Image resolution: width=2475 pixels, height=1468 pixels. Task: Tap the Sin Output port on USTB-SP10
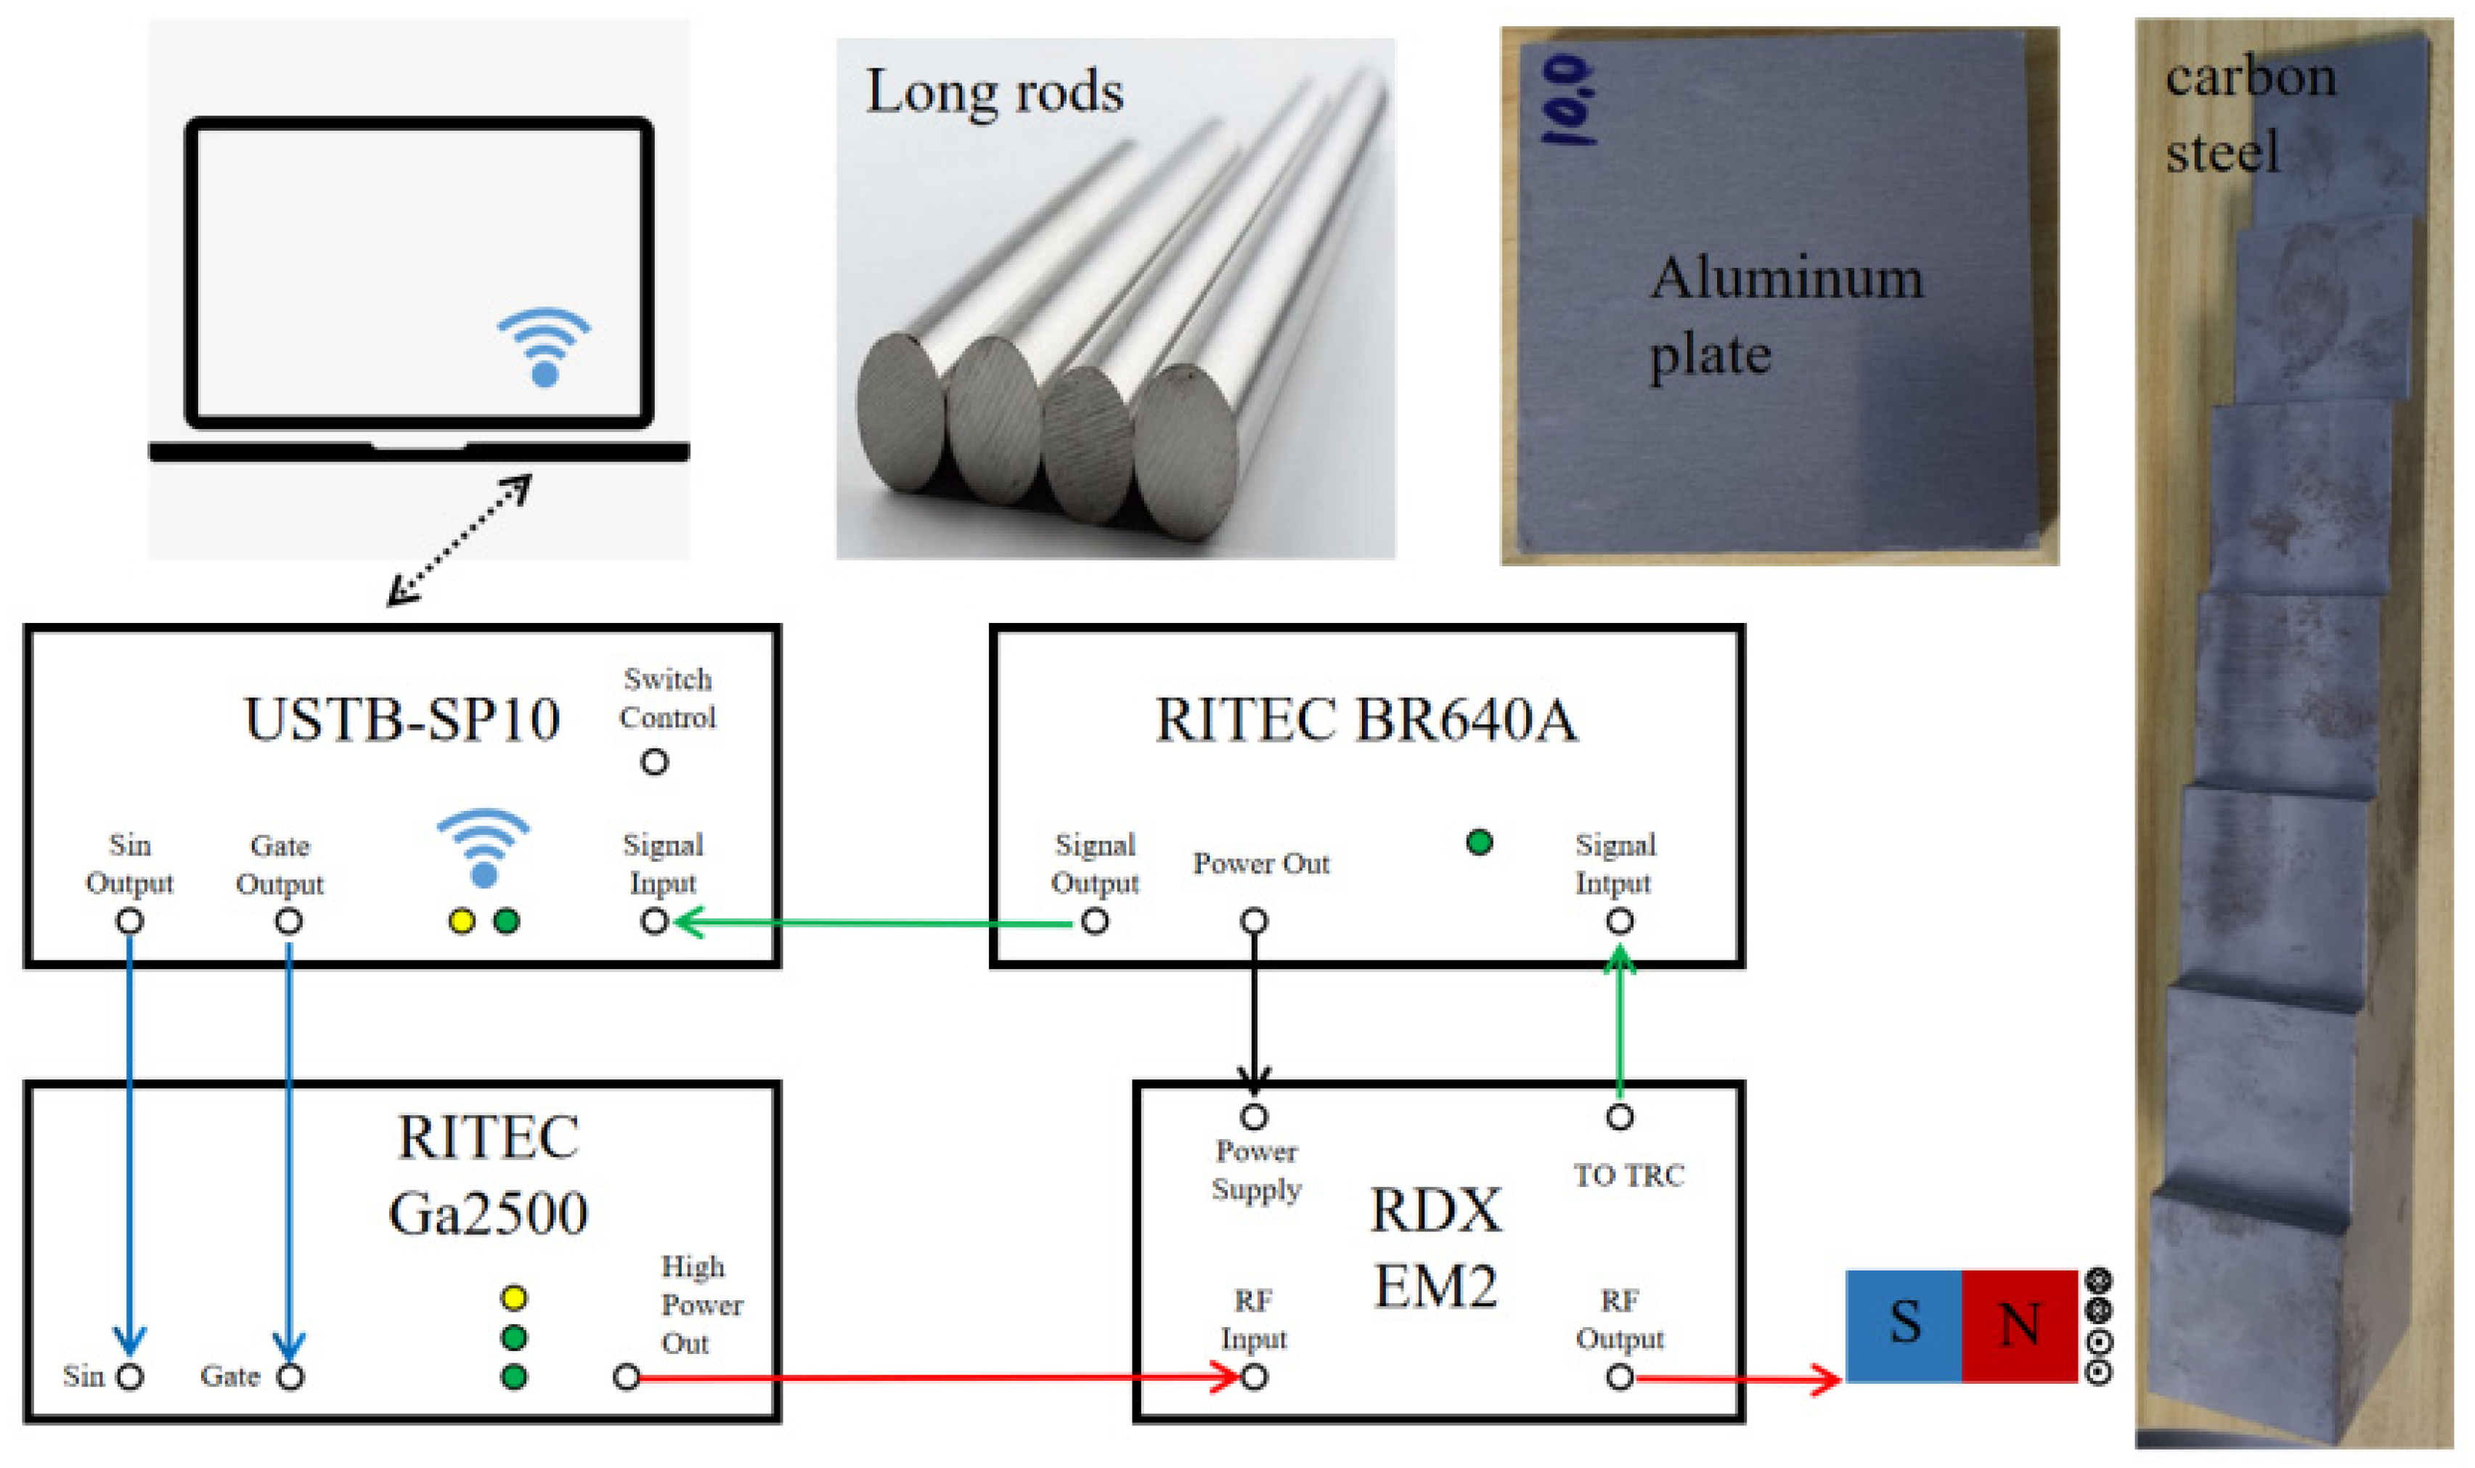[129, 921]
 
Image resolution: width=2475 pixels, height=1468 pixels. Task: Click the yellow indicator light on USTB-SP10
[462, 921]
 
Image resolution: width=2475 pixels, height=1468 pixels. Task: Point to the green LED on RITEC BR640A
[1479, 842]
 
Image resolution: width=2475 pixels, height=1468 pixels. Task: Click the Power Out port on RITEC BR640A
[1253, 921]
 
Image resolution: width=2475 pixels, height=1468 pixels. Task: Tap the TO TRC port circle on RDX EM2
[1619, 1117]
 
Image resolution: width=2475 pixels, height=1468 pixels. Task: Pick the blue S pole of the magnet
[1903, 1326]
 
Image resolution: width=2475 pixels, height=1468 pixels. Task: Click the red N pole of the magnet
[2018, 1326]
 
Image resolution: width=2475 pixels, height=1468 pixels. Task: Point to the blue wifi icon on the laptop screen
[544, 346]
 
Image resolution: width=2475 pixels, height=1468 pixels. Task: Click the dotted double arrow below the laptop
[459, 540]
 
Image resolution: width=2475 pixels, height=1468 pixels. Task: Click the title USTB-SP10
[401, 719]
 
